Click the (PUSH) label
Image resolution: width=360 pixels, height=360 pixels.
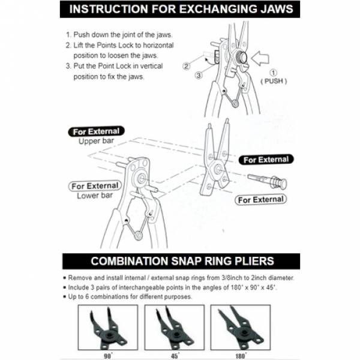point(274,80)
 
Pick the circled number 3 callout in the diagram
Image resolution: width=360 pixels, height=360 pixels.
point(197,75)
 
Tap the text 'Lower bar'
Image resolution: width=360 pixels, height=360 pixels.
point(95,196)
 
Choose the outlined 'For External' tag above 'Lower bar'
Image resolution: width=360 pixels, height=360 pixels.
point(95,185)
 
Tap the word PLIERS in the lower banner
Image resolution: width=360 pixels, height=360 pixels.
point(252,262)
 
